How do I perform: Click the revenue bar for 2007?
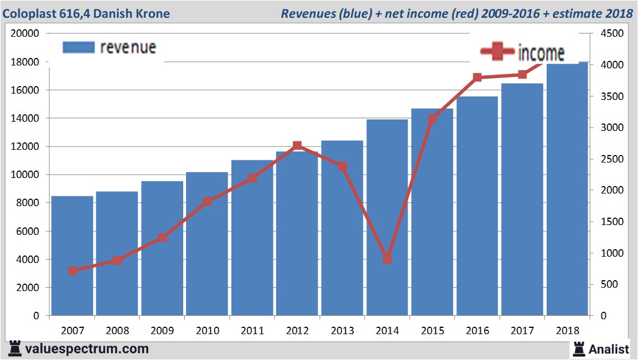point(72,256)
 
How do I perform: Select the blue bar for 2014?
point(387,218)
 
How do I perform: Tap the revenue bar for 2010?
point(207,244)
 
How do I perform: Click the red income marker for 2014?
point(387,259)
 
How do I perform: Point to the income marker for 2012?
point(297,145)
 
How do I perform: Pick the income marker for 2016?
point(477,77)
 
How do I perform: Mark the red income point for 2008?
point(117,260)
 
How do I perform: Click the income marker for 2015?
point(432,119)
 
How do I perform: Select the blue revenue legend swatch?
point(78,47)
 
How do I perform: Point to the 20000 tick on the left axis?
point(25,33)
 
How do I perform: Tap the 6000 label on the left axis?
point(28,231)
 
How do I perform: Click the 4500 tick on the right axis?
point(611,33)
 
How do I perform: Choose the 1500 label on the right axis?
point(611,222)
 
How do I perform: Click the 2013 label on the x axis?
point(342,331)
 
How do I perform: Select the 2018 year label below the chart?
point(567,331)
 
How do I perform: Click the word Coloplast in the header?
point(29,13)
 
